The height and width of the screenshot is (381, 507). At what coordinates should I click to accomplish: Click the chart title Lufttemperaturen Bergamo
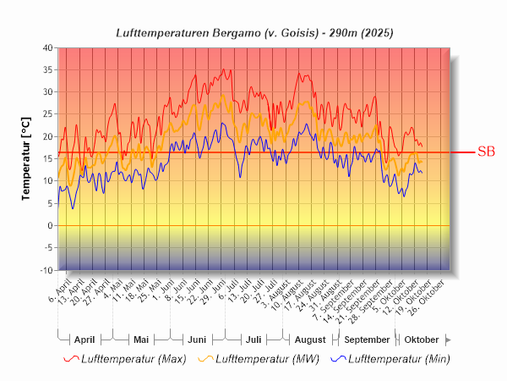click(x=253, y=32)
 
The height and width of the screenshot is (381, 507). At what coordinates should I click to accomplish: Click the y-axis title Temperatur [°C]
click(x=26, y=158)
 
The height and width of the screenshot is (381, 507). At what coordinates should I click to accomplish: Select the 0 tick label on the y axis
click(x=49, y=226)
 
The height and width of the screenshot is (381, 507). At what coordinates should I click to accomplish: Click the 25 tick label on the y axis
click(x=46, y=114)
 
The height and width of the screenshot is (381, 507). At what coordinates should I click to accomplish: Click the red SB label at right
click(x=486, y=152)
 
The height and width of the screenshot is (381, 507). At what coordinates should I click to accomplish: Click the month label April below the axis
click(x=84, y=340)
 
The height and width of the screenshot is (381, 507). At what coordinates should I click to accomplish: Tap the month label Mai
click(x=141, y=340)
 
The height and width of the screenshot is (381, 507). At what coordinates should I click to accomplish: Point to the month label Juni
click(x=197, y=340)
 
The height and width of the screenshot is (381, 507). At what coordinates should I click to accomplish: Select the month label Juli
click(x=253, y=340)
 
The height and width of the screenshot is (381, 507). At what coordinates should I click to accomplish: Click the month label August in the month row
click(x=309, y=340)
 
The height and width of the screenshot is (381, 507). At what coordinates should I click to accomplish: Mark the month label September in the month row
click(x=367, y=340)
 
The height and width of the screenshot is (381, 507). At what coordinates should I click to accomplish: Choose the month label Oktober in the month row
click(x=422, y=340)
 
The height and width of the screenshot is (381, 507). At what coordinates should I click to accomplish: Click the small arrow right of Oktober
click(x=449, y=340)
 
